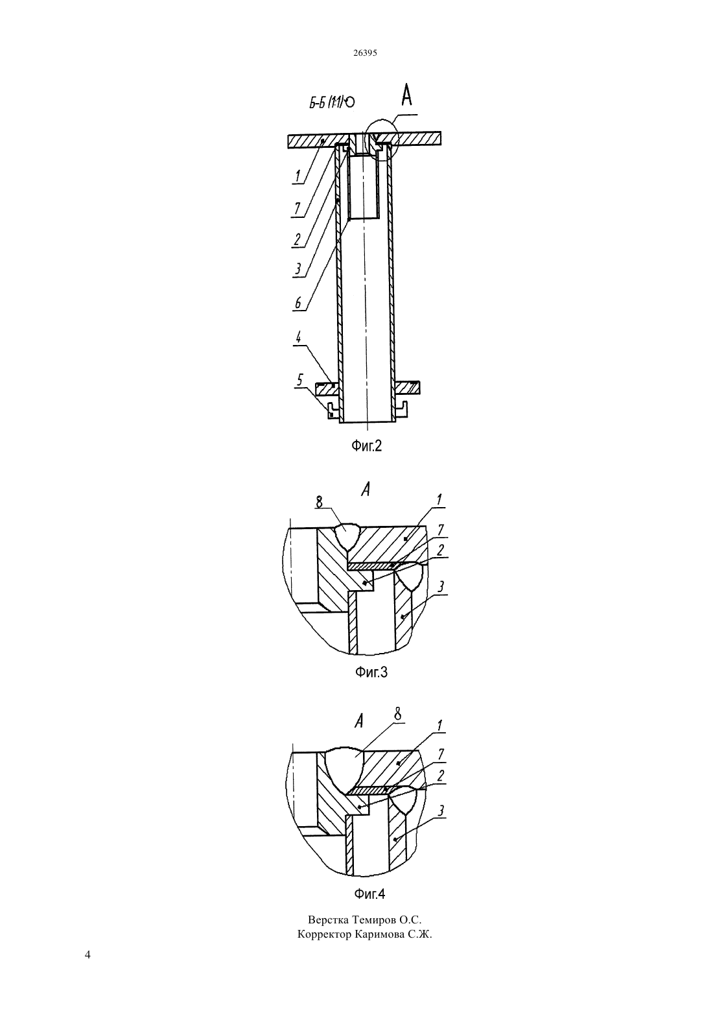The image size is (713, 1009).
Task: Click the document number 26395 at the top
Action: click(x=365, y=53)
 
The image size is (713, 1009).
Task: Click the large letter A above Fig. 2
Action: click(x=406, y=95)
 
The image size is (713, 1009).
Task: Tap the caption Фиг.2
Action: click(x=366, y=446)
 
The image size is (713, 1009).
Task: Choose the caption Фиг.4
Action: click(x=369, y=894)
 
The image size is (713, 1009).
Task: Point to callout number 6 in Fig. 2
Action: click(x=298, y=303)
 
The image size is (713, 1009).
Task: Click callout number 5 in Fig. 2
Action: click(x=299, y=380)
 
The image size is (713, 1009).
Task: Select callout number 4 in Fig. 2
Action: click(x=298, y=337)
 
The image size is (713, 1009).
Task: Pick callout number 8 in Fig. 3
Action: click(x=320, y=502)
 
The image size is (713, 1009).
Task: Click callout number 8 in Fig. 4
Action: click(x=397, y=715)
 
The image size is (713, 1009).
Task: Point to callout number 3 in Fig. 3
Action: click(x=441, y=586)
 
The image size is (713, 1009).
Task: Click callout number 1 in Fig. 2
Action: click(x=298, y=176)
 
